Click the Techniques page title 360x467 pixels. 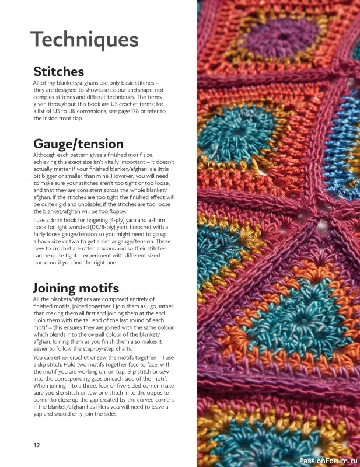pyautogui.click(x=85, y=40)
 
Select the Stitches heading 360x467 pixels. pyautogui.click(x=58, y=72)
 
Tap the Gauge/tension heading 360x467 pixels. pyautogui.click(x=78, y=144)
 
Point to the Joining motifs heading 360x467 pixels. pyautogui.click(x=76, y=287)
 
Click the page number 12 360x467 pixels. pyautogui.click(x=36, y=445)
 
